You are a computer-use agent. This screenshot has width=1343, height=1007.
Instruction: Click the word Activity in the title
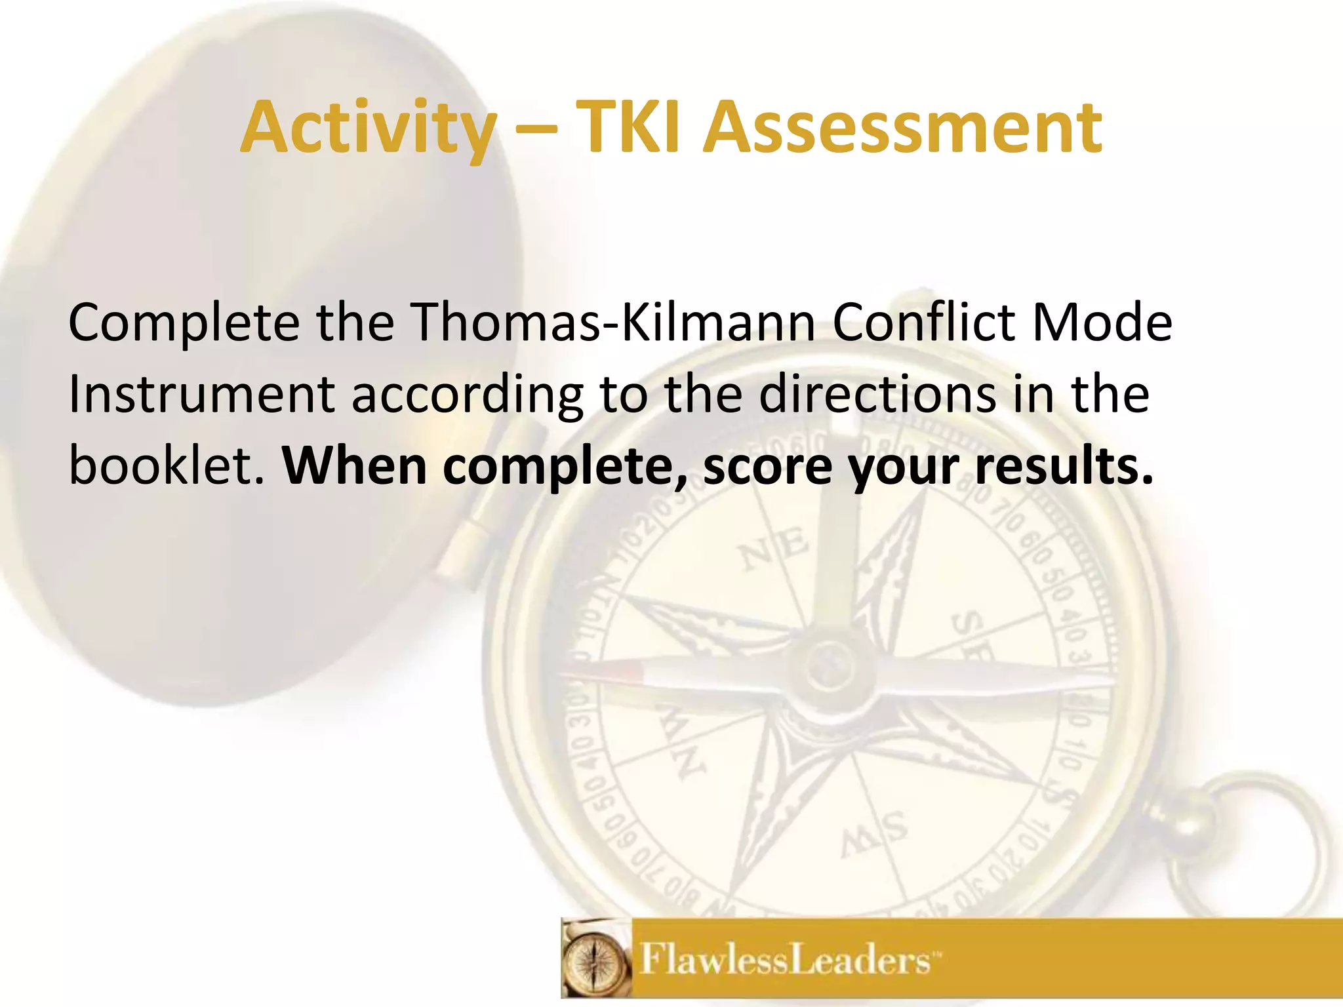(x=368, y=128)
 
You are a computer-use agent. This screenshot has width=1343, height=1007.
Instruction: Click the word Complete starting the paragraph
(x=184, y=324)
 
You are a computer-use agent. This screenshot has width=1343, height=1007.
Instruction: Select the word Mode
(x=1102, y=323)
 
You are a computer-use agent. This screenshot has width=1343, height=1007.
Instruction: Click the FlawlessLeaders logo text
(x=784, y=961)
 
